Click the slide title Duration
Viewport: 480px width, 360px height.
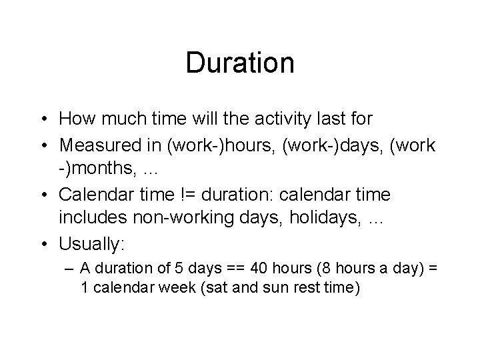pyautogui.click(x=240, y=63)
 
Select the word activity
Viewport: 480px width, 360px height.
pyautogui.click(x=265, y=119)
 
